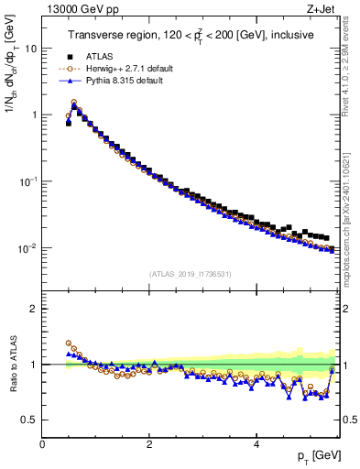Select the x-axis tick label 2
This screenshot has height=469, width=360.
149,443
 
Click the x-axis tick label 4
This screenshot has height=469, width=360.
256,443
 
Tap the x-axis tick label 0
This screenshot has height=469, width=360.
43,443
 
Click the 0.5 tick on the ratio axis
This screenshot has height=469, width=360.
31,420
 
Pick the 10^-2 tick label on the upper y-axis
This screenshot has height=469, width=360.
28,248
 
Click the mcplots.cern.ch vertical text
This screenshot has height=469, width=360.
354,229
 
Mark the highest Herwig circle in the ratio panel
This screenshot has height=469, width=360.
69,343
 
